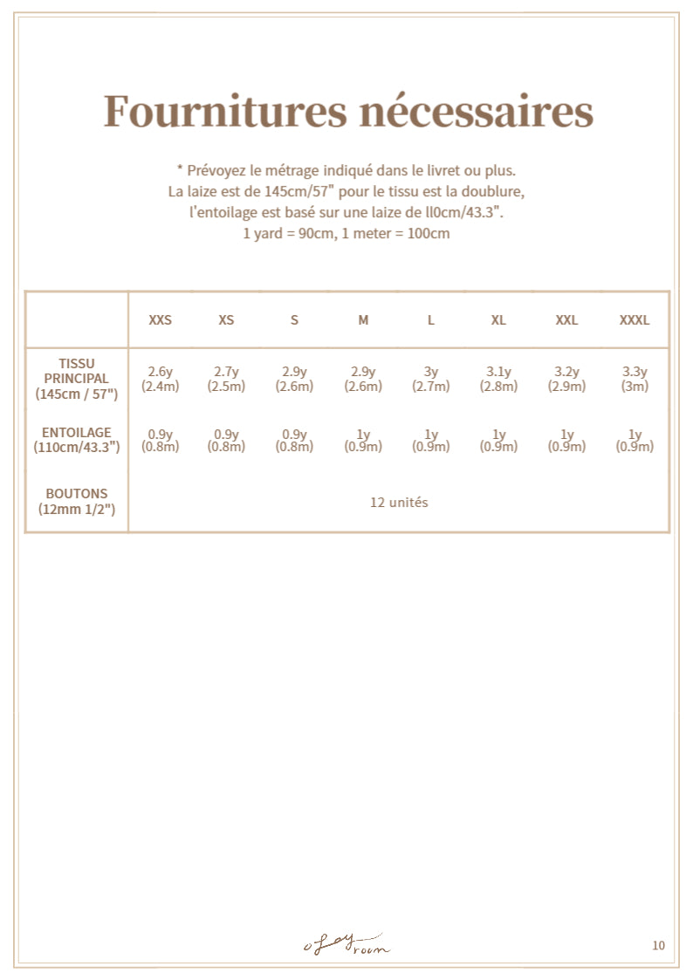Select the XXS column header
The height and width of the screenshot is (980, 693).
pyautogui.click(x=161, y=320)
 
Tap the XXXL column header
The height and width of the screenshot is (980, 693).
pyautogui.click(x=635, y=320)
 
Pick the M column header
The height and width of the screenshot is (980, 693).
pyautogui.click(x=363, y=320)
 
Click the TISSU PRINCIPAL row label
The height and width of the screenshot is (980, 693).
pyautogui.click(x=77, y=379)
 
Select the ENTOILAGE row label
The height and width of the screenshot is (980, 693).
pyautogui.click(x=77, y=440)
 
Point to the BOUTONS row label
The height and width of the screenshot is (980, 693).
pyautogui.click(x=77, y=501)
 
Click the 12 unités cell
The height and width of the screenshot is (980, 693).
pyautogui.click(x=399, y=503)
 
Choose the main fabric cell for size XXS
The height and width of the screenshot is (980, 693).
pyautogui.click(x=161, y=379)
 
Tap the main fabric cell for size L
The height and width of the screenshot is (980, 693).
pyautogui.click(x=431, y=379)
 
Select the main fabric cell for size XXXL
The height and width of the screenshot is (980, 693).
pyautogui.click(x=635, y=379)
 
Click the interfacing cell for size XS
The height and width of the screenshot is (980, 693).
pyautogui.click(x=227, y=441)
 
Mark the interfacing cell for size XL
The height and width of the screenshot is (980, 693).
pyautogui.click(x=498, y=441)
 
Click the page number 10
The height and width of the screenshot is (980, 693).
pyautogui.click(x=658, y=945)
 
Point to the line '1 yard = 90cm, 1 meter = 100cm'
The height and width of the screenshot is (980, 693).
pyautogui.click(x=346, y=234)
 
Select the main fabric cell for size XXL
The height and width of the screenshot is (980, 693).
pyautogui.click(x=566, y=379)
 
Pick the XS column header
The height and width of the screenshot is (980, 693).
pyautogui.click(x=227, y=320)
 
